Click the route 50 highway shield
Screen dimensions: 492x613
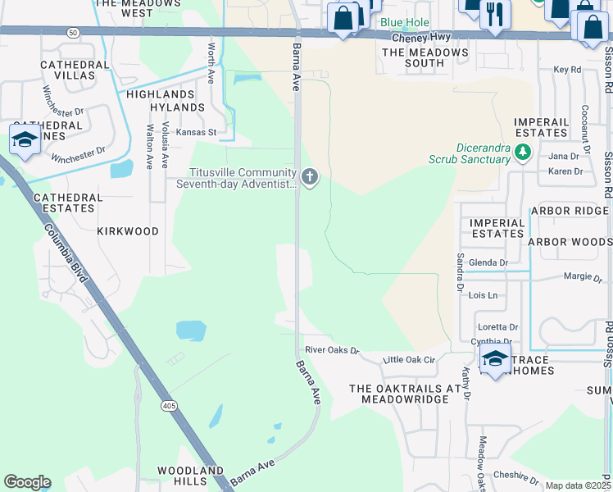tap(74, 32)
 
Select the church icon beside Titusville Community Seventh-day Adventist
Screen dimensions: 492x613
tap(309, 177)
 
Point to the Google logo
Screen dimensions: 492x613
tap(27, 482)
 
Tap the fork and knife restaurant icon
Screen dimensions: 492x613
tap(495, 14)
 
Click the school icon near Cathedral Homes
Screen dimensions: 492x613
tap(25, 138)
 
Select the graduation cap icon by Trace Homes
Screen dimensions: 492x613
tap(495, 358)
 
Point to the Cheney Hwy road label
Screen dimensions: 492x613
tap(420, 38)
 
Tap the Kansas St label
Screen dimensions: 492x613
tap(195, 131)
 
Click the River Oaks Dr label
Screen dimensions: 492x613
tap(332, 350)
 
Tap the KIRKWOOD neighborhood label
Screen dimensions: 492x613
tap(128, 231)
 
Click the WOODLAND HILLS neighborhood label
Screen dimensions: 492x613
tap(191, 476)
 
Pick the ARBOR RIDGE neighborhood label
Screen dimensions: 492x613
tap(570, 211)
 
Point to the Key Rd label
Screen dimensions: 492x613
tap(567, 70)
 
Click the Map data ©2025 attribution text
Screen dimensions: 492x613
tap(578, 485)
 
